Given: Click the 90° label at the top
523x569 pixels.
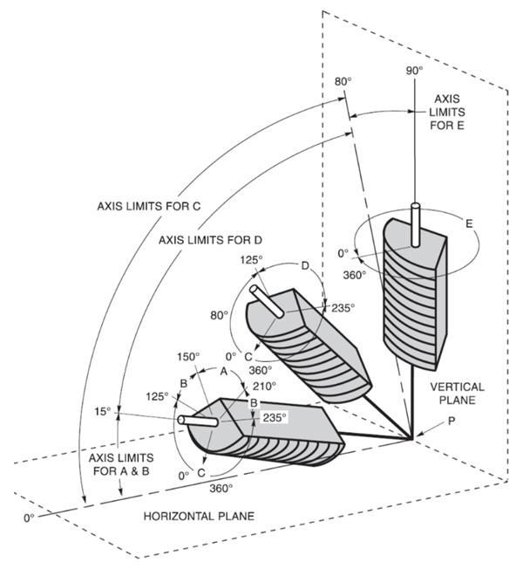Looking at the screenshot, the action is pos(414,71).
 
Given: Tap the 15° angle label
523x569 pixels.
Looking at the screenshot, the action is pos(103,412).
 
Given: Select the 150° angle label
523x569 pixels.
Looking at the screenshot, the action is pos(188,357).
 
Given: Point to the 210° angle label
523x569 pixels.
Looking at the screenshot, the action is pos(265,386).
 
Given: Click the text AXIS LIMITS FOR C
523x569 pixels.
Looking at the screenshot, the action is pos(148,206).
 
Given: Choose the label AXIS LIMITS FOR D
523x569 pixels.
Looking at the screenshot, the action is pos(210,240).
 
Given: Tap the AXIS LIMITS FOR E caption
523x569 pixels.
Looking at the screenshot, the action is pos(447,112).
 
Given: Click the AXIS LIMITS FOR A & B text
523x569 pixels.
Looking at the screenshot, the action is pos(121,464).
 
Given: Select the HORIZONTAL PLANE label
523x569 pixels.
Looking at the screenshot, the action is pos(199,516).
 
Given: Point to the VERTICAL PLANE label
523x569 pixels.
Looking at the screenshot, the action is pos(457,394).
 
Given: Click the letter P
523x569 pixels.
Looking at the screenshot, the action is pos(452,422).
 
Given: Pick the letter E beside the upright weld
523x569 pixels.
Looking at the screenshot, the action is pos(469,223).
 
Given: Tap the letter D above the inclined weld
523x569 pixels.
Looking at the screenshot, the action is pos(305,266).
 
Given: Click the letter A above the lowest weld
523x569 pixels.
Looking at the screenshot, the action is pos(224,371).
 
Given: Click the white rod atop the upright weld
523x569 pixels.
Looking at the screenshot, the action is pos(415,225).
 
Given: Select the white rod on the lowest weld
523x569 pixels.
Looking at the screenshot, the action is pos(198,421).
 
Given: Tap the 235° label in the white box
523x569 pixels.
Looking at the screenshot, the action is pos(275,418).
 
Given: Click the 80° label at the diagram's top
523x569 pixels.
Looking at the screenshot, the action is pos(343,82).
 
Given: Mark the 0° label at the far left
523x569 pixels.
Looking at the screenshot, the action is pos(29,518).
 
